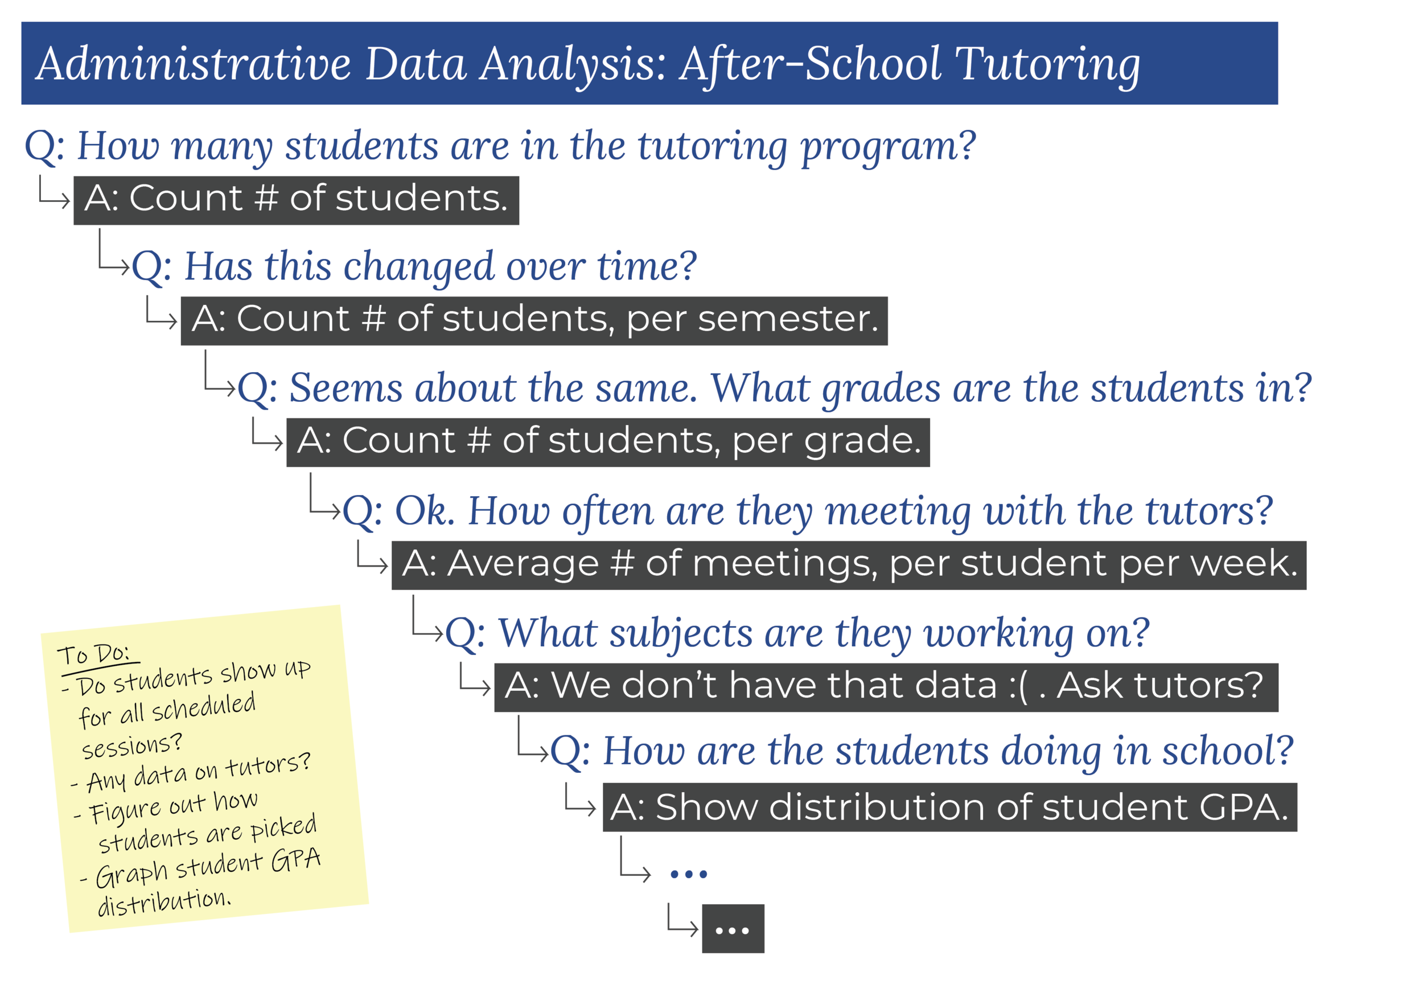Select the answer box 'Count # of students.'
296,200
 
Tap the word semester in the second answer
787,320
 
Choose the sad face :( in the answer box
1017,687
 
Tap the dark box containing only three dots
733,929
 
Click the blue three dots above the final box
689,875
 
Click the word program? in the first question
889,147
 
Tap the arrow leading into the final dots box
682,921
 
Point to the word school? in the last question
1227,751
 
